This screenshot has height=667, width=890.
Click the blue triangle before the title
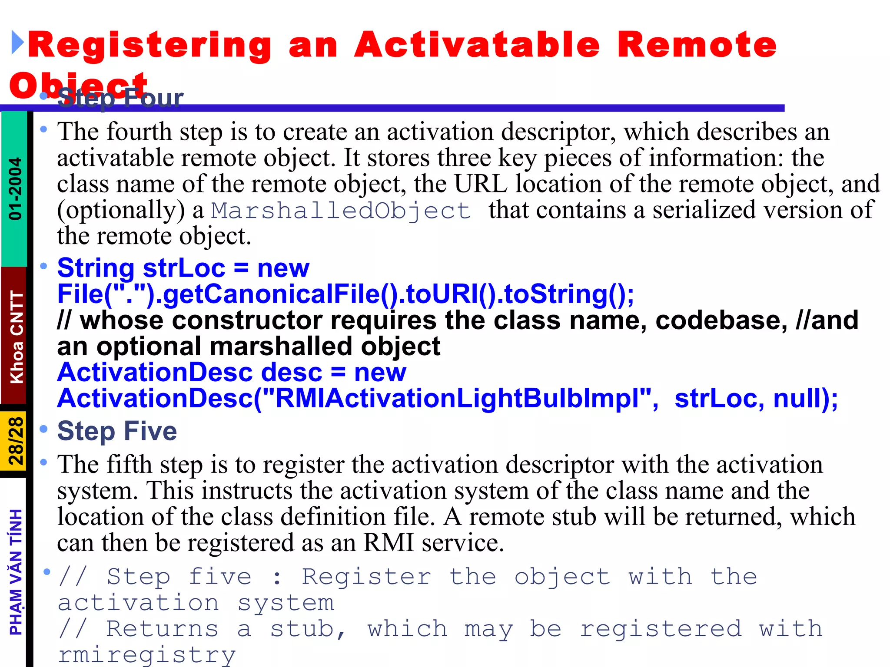tap(17, 43)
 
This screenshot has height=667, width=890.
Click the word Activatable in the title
tap(477, 45)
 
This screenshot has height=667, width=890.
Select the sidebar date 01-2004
tap(16, 189)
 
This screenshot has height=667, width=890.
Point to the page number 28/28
tap(16, 441)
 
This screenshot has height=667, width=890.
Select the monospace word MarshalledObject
tap(341, 211)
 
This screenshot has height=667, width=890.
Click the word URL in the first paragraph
tap(481, 184)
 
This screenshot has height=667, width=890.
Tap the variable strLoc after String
tap(184, 268)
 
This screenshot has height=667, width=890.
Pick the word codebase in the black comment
tap(721, 320)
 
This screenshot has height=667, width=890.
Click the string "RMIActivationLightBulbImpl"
tap(457, 399)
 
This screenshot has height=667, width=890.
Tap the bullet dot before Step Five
tap(43, 429)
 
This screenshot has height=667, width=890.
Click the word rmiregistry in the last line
tap(147, 655)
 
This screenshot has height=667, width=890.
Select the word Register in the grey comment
tap(366, 577)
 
